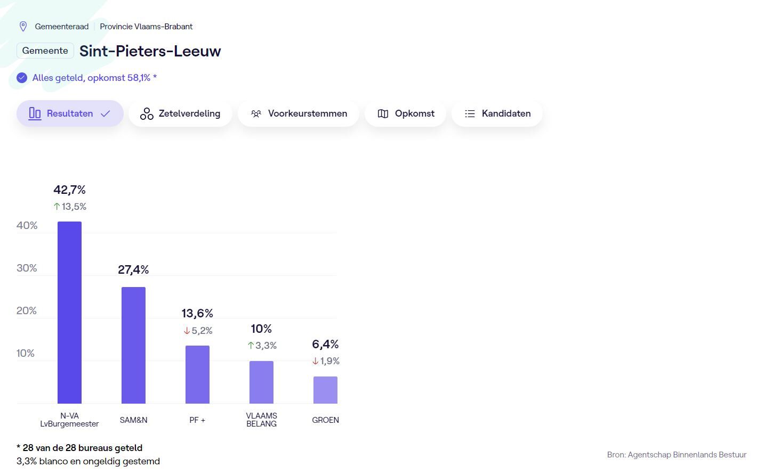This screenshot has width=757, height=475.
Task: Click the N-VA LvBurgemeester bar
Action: point(69,313)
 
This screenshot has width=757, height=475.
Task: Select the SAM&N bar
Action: point(133,345)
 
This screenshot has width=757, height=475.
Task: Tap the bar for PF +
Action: point(197,374)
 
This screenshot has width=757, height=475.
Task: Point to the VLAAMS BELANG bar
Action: point(261,382)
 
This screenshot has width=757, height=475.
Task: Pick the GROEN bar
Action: point(325,390)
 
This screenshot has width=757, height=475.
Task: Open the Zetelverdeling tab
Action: point(180,113)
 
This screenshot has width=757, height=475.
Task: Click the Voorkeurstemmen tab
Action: point(299,113)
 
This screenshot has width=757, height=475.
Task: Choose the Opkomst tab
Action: point(405,113)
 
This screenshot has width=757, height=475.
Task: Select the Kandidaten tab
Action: point(497,113)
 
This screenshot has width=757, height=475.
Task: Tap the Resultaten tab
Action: point(70,113)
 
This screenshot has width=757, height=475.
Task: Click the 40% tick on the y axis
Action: point(27,225)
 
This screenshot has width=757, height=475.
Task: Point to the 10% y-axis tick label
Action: point(26,353)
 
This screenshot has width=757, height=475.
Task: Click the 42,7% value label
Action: point(69,190)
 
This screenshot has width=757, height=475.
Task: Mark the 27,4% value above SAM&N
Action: point(133,269)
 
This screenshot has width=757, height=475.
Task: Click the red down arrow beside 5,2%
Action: point(187,331)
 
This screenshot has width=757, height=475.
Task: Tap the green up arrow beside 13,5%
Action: point(57,207)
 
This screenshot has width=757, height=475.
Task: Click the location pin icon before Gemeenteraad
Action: point(23,26)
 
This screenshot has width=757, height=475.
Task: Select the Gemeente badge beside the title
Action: point(45,51)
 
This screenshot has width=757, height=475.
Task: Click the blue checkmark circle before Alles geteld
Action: point(22,78)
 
